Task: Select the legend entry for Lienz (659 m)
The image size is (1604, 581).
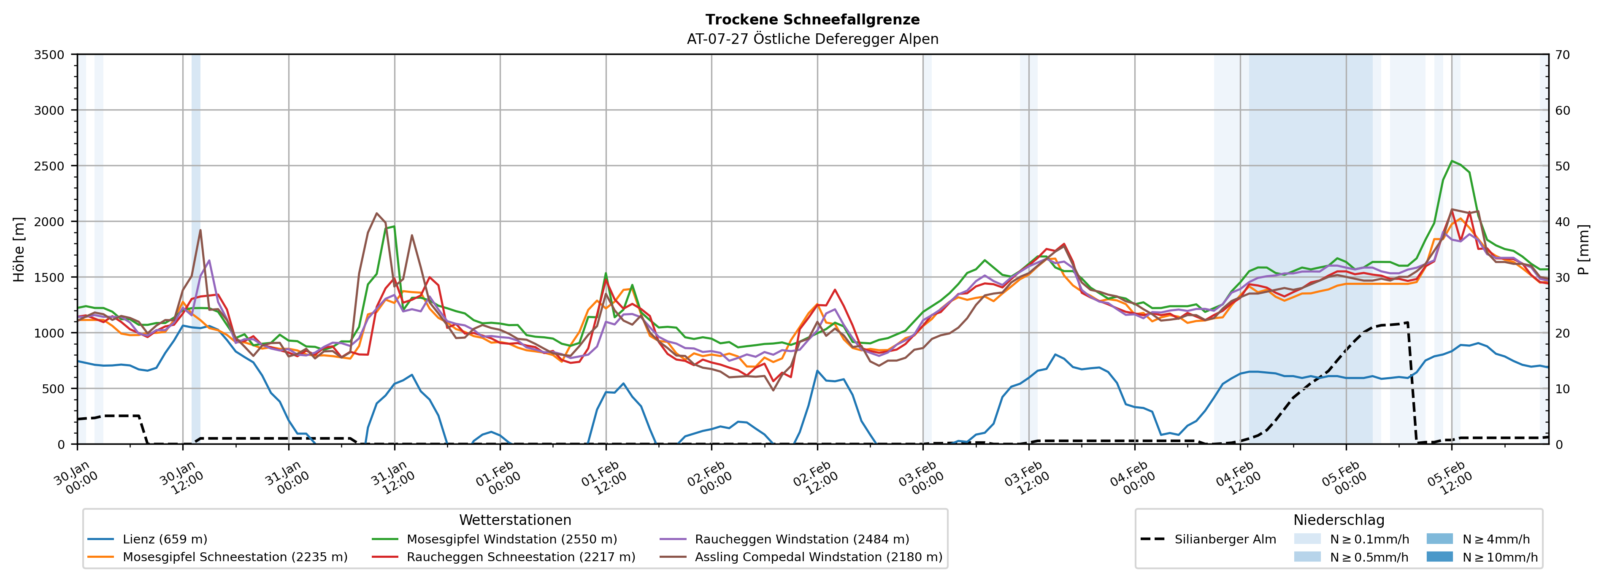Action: click(165, 539)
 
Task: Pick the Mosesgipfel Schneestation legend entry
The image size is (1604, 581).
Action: click(235, 557)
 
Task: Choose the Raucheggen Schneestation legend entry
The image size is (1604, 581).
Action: click(521, 557)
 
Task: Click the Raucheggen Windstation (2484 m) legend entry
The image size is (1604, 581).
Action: click(801, 539)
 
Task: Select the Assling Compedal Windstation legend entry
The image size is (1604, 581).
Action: click(818, 557)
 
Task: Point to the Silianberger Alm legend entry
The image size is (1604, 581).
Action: click(1225, 539)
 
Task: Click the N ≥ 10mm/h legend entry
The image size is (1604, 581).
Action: click(1499, 557)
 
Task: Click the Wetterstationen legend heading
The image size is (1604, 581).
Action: click(515, 520)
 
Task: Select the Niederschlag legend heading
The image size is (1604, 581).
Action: click(1339, 520)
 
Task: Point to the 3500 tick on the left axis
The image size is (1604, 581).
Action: click(49, 55)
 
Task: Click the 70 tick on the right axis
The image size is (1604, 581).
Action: click(1562, 55)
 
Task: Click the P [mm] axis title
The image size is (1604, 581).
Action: click(1583, 249)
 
